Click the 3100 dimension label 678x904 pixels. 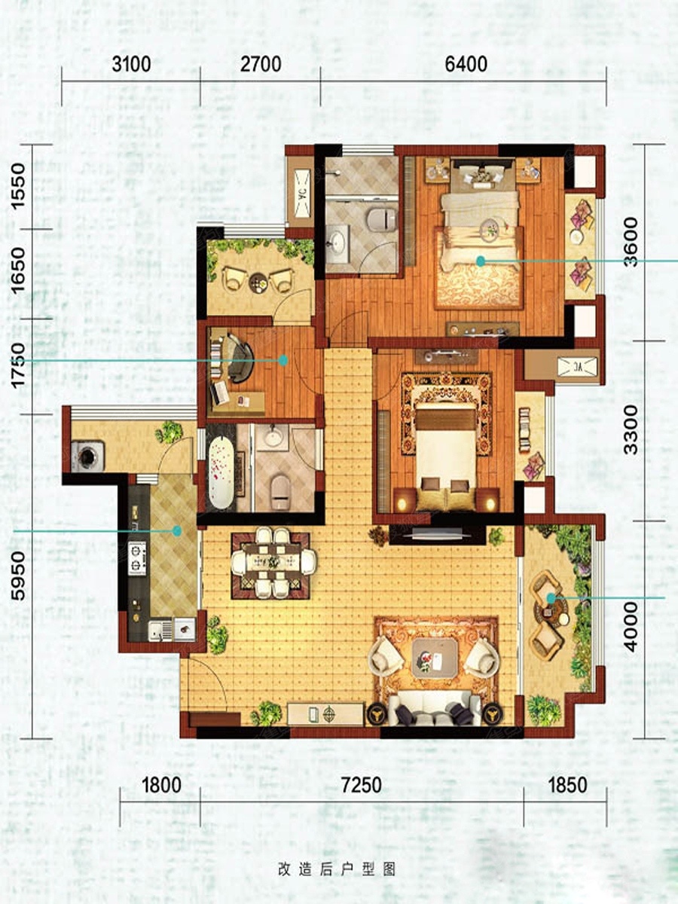[131, 65]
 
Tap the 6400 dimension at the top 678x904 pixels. [466, 65]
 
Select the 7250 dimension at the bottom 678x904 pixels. [362, 784]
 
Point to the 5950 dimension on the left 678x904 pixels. [19, 574]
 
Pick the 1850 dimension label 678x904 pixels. [567, 784]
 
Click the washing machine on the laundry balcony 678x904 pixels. [87, 456]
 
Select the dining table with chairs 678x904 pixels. [273, 562]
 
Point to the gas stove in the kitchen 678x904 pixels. [137, 558]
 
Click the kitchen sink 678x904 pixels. [160, 628]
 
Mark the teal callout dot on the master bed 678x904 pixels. [480, 261]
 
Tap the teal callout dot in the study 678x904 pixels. [282, 361]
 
